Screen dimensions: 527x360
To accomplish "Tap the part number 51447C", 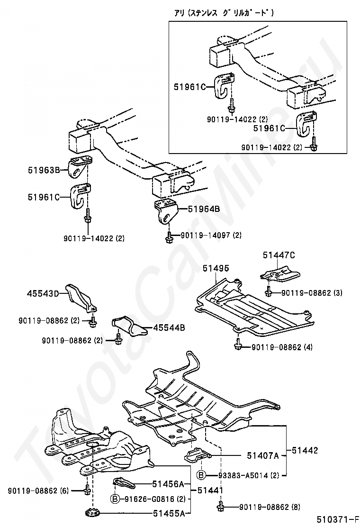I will [x=279, y=255].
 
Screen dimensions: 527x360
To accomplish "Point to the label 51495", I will [x=216, y=268].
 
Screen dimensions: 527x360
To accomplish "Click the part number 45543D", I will [x=42, y=294].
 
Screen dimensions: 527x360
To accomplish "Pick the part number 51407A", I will [x=262, y=456].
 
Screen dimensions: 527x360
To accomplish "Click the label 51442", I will [x=305, y=450].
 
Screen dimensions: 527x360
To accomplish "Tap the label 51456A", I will [x=168, y=484].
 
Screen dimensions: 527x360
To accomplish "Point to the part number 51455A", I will [x=168, y=513].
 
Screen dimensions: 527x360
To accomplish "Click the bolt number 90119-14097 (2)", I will [x=211, y=235].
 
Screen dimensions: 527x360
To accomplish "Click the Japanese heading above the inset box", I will [x=224, y=13].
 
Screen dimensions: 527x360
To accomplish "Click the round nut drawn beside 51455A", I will [x=90, y=513].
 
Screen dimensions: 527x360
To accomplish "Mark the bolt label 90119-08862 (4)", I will [x=282, y=347].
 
